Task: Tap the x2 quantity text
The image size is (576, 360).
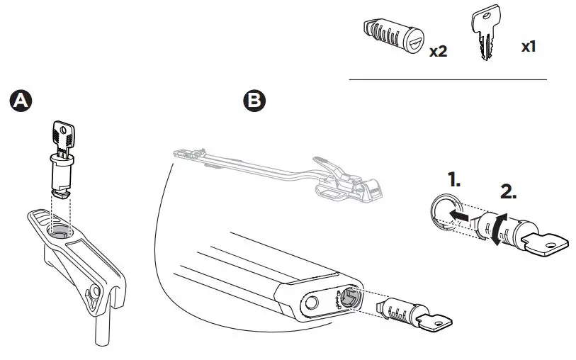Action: tap(439, 52)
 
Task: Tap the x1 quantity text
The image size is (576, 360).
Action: tap(528, 47)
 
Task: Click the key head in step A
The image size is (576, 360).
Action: tap(63, 134)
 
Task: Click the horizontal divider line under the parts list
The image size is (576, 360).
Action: tap(448, 79)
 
